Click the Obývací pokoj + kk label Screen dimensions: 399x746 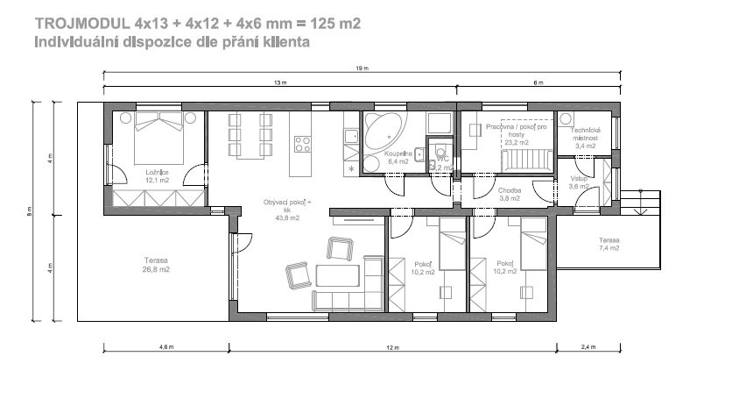coord(287,208)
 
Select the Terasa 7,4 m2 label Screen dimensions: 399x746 coord(609,244)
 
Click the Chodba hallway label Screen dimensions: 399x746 coord(510,194)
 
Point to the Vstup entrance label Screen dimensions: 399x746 coord(579,182)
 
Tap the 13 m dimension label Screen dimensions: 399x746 coord(279,83)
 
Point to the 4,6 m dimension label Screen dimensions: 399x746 coord(166,348)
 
